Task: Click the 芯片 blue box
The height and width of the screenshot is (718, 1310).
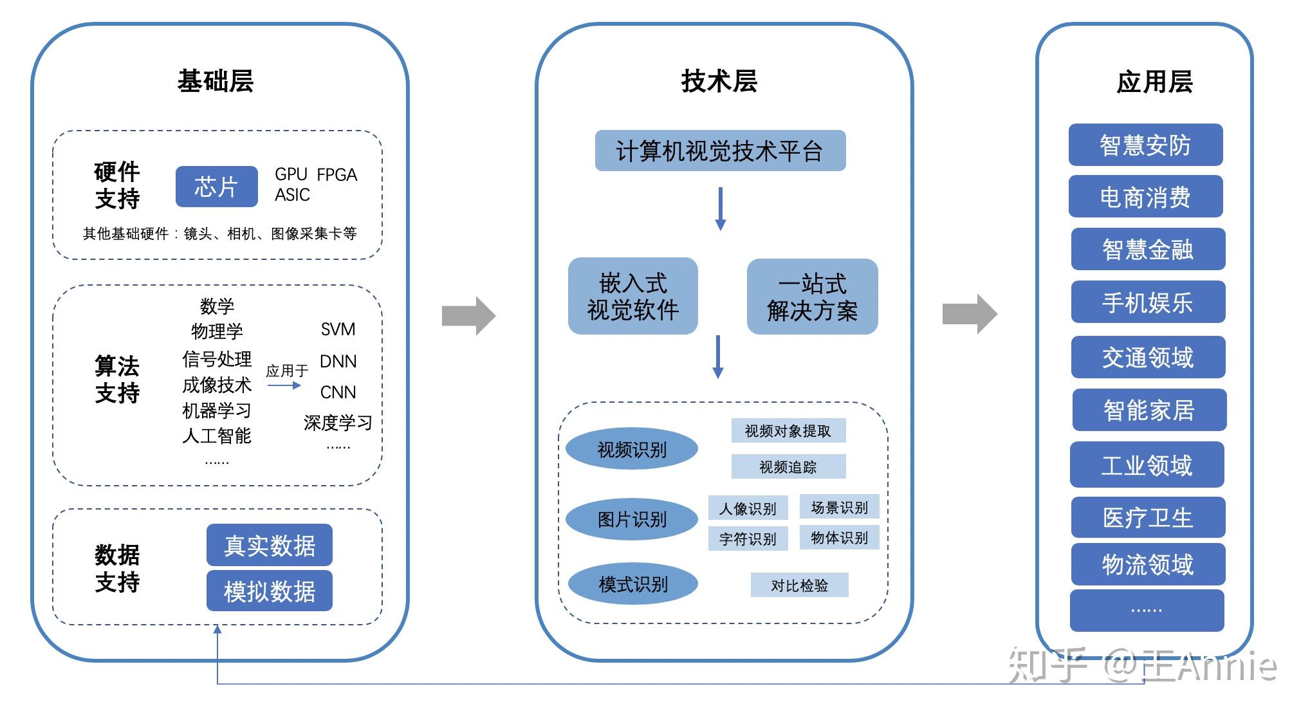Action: [x=216, y=187]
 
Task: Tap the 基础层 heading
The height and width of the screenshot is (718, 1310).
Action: [x=215, y=82]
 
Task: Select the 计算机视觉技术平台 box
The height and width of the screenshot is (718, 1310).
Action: [x=719, y=151]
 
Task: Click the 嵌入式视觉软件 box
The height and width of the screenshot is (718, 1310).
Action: [x=632, y=296]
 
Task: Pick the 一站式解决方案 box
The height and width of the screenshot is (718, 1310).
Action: [x=812, y=297]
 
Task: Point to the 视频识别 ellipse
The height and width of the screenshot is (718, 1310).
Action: [x=632, y=449]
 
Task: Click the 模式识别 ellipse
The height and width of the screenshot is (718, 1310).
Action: [x=633, y=584]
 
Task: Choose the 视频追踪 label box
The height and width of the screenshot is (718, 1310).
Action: [x=788, y=467]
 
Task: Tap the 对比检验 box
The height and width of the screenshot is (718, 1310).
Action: [x=799, y=585]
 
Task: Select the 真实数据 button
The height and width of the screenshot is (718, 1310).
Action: [x=269, y=545]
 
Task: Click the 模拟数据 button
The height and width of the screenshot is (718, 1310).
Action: [x=269, y=591]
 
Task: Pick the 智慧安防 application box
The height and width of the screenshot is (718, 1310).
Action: [x=1145, y=145]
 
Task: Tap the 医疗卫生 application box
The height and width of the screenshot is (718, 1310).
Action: [x=1147, y=517]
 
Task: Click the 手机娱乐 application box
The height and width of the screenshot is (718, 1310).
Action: [x=1147, y=302]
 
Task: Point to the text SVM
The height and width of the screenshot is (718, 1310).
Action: [x=338, y=329]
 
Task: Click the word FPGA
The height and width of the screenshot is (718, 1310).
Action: [x=337, y=175]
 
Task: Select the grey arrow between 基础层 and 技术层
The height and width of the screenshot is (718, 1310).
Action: [x=468, y=316]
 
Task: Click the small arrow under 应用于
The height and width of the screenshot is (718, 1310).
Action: [x=284, y=385]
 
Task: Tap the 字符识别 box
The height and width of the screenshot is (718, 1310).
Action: [x=748, y=538]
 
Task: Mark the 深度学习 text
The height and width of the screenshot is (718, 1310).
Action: [x=338, y=423]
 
